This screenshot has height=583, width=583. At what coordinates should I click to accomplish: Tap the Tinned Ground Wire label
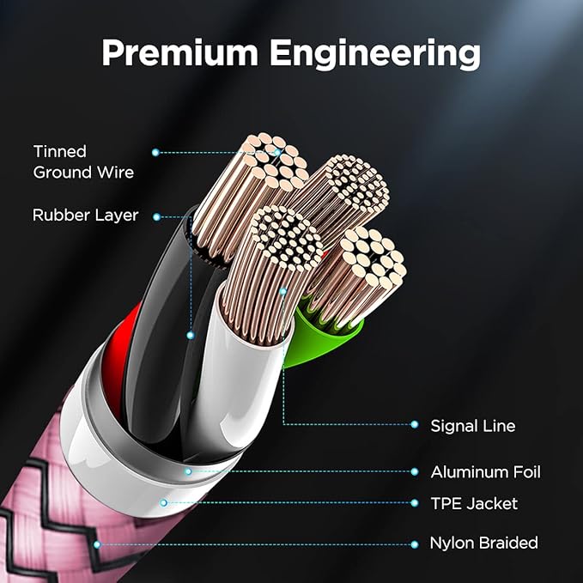83,161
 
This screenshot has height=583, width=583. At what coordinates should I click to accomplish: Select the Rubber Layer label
85,216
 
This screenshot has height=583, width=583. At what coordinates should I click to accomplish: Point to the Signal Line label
473,425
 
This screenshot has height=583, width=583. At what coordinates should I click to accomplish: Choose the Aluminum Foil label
485,472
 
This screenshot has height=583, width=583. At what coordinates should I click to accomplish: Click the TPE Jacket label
474,503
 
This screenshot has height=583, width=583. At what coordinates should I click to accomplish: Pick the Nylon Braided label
483,543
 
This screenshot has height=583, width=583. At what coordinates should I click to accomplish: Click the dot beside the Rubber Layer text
156,216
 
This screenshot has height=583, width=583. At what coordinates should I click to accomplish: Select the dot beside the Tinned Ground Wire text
155,152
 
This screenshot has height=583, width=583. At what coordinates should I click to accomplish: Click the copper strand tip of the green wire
372,258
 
